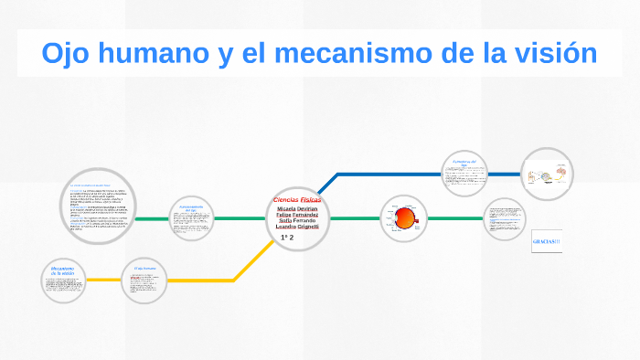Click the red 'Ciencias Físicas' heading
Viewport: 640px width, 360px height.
coord(297,199)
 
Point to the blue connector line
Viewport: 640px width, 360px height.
coord(393,174)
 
